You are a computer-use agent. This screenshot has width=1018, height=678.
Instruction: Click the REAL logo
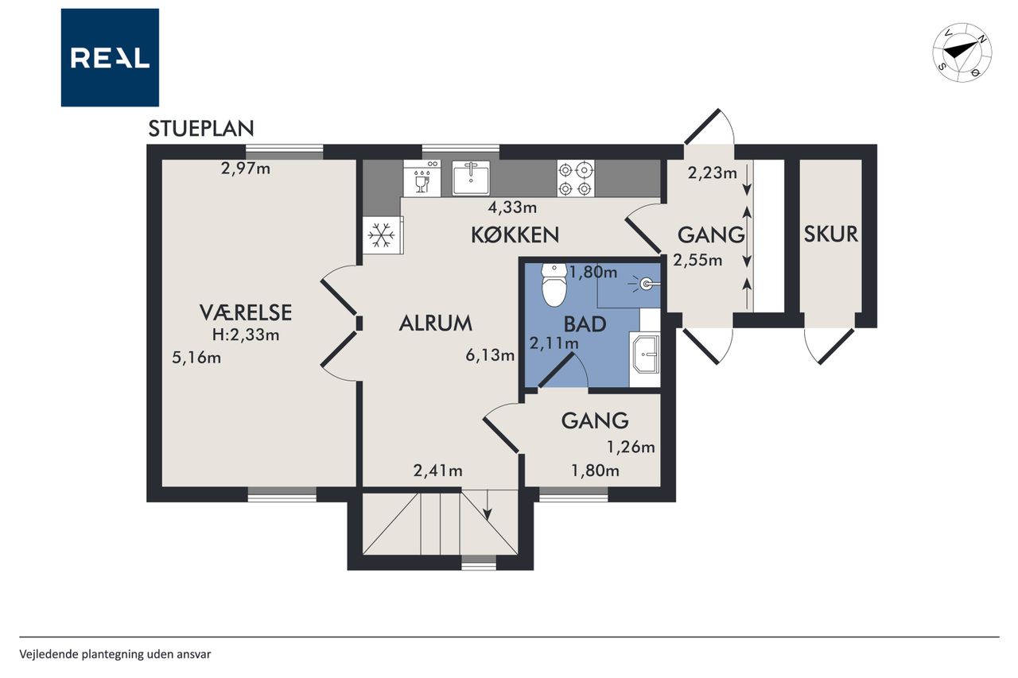click(x=110, y=58)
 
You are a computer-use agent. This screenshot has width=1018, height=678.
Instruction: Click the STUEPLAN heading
click(x=201, y=129)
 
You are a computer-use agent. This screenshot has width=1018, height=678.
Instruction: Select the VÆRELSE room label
click(x=246, y=312)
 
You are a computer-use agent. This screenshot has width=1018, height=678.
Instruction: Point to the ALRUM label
click(x=435, y=324)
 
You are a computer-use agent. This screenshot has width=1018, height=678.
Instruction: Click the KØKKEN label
click(x=515, y=234)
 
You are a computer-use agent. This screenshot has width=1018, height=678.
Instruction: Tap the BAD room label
click(x=585, y=324)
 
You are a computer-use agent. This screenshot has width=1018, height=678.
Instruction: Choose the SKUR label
click(x=831, y=234)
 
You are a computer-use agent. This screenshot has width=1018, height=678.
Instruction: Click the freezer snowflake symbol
click(x=382, y=235)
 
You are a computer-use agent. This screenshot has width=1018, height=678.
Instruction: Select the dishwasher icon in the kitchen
click(x=422, y=179)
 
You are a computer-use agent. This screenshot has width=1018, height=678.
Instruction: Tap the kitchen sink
click(x=471, y=178)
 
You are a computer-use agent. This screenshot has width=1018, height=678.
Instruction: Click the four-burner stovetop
click(x=576, y=179)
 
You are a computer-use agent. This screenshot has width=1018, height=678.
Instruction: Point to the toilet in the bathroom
click(x=554, y=285)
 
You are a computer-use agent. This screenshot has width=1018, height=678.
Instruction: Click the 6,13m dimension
click(x=490, y=355)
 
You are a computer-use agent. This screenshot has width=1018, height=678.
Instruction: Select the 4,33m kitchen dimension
click(x=512, y=207)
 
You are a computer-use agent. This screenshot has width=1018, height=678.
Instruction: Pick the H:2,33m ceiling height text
click(x=246, y=335)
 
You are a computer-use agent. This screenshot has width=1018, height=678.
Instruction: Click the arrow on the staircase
click(x=488, y=505)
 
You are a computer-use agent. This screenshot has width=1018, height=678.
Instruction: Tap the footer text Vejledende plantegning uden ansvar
click(x=115, y=654)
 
